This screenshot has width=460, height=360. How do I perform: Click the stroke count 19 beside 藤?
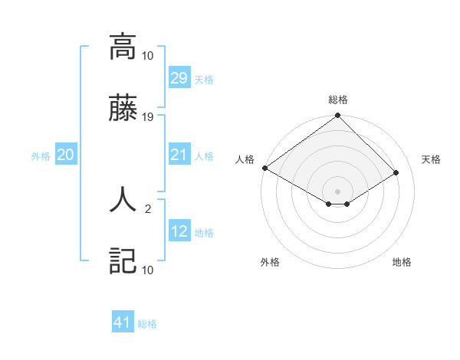(x=148, y=117)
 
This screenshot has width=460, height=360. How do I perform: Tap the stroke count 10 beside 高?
(x=148, y=55)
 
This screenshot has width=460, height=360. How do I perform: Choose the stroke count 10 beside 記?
(x=148, y=270)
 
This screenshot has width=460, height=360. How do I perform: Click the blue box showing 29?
(x=179, y=78)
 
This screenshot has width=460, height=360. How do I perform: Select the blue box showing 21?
(x=179, y=155)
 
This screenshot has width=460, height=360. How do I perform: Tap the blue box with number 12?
(x=179, y=232)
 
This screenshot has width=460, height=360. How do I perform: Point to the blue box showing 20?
(x=66, y=155)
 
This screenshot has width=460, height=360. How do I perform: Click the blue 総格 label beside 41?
(x=147, y=324)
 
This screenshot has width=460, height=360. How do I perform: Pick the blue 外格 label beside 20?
(x=41, y=156)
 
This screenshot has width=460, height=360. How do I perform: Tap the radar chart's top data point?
(x=337, y=116)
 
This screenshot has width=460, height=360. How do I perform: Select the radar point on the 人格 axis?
(x=264, y=168)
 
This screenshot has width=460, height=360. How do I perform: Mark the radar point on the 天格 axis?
(x=396, y=172)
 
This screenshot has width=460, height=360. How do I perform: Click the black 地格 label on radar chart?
(x=402, y=262)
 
